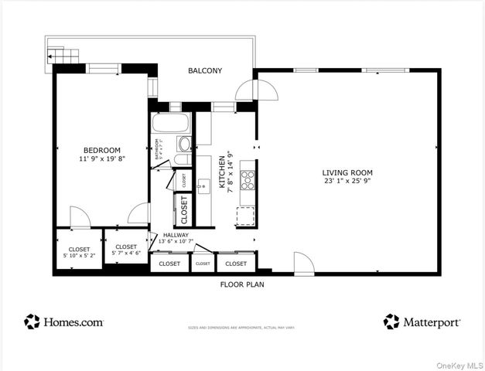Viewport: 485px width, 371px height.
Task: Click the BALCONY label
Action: point(205,71)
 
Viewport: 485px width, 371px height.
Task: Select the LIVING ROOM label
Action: point(347,172)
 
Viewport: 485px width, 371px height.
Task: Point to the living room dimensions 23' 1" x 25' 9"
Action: point(347,182)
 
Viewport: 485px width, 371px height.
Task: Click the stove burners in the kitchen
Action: point(248,180)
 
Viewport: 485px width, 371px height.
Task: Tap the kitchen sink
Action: point(203,185)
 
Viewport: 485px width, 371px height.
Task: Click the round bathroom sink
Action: point(184,144)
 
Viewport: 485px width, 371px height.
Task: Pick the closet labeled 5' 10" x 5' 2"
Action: point(78,252)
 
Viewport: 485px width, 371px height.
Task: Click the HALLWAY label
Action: point(176,234)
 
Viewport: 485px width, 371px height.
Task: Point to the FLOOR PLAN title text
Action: point(241,284)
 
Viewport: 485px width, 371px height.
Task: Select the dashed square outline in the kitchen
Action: point(245,216)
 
